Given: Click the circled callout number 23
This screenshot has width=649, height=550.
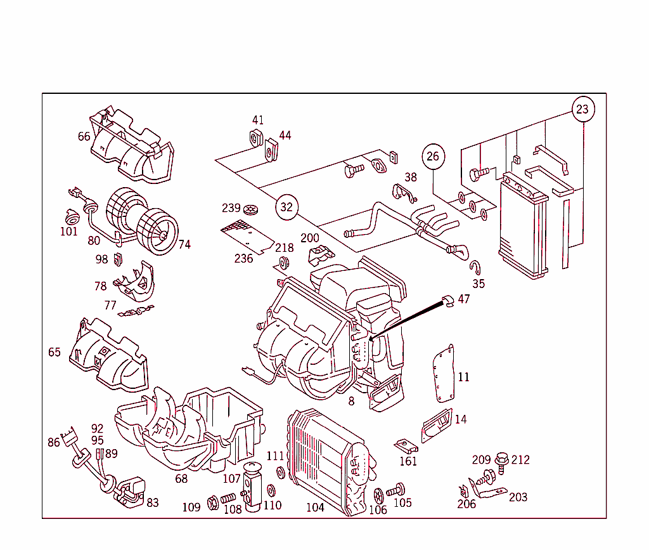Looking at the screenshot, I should pos(582,109).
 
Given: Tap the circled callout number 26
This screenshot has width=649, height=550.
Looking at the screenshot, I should pos(433,156).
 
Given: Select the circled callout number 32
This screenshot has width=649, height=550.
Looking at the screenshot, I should pos(286,207).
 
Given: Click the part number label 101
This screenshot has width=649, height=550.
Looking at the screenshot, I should pos(68,232).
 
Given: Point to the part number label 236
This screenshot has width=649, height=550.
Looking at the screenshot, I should pos(243,258).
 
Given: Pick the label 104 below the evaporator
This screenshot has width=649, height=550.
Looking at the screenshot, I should pos(315,507).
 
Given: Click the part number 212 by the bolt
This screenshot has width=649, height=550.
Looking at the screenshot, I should pos(520,460).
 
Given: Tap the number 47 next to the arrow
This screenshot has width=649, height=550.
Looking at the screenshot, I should pos(464,299).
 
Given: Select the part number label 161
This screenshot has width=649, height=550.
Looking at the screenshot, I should pos(408,461).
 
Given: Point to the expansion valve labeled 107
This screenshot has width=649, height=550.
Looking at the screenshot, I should pos(254,485).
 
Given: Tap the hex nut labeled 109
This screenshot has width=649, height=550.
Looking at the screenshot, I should pos(213,504).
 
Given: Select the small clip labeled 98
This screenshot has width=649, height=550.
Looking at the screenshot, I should pos(117,259).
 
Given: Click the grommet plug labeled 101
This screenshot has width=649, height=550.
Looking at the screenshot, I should pos(70,215).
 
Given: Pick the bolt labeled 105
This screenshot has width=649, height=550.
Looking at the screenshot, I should pos(397,490).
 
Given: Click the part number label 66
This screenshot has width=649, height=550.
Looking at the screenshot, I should pos(84,136).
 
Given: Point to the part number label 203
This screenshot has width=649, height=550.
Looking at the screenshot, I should pos(518,497).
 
